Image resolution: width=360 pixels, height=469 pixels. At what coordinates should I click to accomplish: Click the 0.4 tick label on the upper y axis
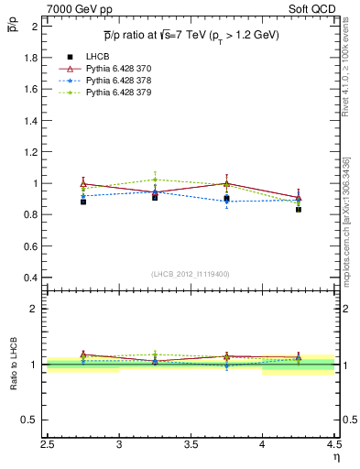pos(29,278)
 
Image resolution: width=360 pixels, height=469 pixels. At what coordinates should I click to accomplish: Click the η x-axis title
pos(335,457)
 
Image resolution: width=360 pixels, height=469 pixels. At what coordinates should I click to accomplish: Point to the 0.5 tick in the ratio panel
pos(29,420)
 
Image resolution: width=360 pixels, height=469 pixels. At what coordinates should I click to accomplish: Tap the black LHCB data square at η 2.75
pos(83,202)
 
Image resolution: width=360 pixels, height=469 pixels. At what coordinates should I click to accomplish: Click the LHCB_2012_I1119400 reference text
pos(190,274)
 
